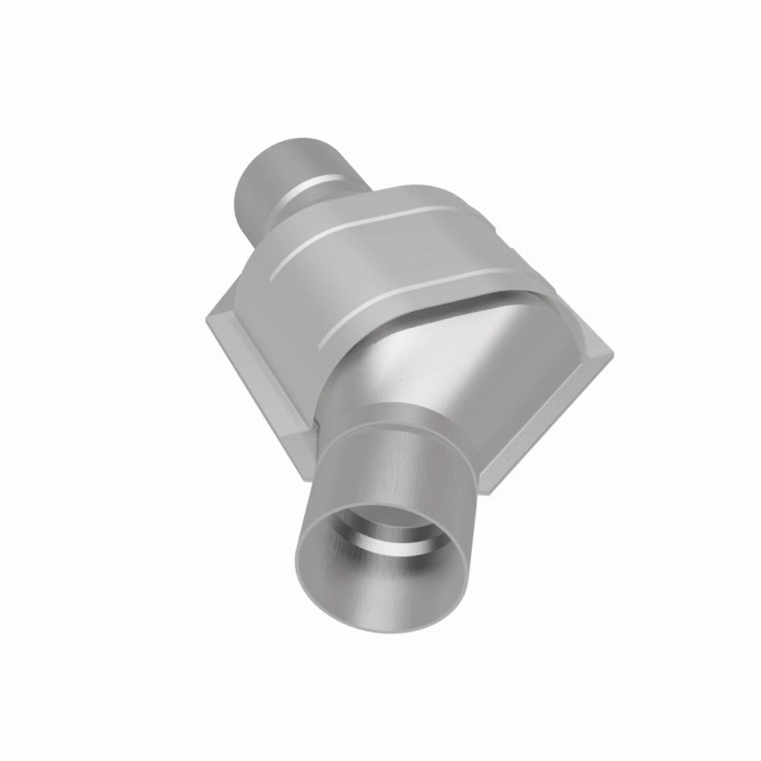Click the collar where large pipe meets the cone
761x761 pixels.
(396, 415)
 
